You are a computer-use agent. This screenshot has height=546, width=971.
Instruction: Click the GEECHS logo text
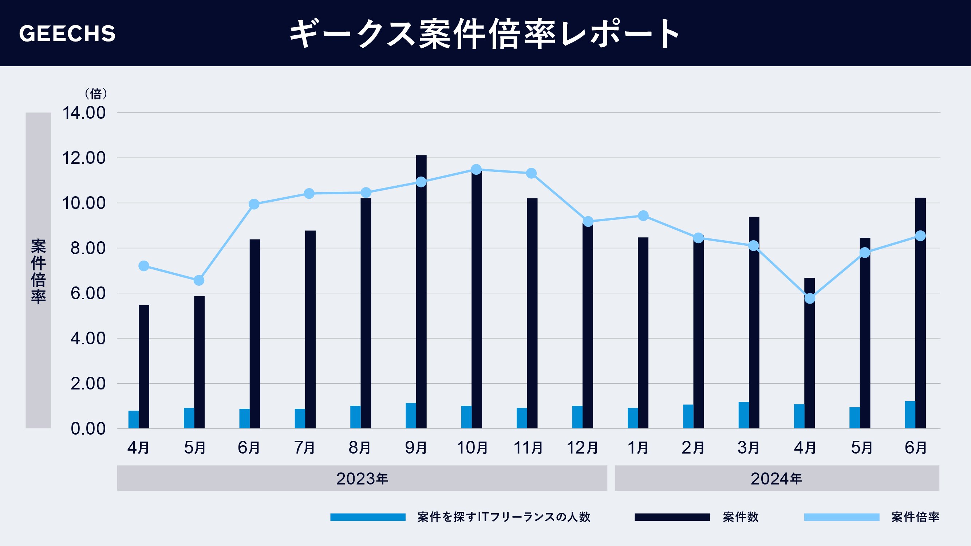pyautogui.click(x=67, y=33)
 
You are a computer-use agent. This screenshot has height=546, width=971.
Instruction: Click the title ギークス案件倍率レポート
pyautogui.click(x=484, y=33)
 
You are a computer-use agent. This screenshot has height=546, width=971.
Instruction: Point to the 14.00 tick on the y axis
pyautogui.click(x=84, y=113)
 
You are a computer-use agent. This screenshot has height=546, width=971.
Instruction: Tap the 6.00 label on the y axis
pyautogui.click(x=88, y=293)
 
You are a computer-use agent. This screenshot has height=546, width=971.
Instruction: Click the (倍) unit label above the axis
pyautogui.click(x=96, y=94)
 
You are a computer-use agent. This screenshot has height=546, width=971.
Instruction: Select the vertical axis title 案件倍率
pyautogui.click(x=38, y=270)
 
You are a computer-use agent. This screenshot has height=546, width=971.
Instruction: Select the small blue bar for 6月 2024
pyautogui.click(x=909, y=415)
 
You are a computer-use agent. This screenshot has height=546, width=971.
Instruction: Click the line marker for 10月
pyautogui.click(x=476, y=170)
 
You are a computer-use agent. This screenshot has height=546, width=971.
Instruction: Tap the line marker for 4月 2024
pyautogui.click(x=810, y=298)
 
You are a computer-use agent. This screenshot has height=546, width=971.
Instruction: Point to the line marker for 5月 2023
pyautogui.click(x=199, y=280)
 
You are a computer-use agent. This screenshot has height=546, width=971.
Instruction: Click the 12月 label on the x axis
pyautogui.click(x=583, y=448)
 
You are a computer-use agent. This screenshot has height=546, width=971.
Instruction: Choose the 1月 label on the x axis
pyautogui.click(x=638, y=448)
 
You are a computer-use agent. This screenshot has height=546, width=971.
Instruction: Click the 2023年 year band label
pyautogui.click(x=362, y=479)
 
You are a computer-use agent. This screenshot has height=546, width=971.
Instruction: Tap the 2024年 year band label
pyautogui.click(x=777, y=479)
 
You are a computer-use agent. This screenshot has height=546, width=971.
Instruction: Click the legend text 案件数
pyautogui.click(x=740, y=517)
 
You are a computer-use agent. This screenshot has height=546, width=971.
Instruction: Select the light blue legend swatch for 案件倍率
pyautogui.click(x=841, y=517)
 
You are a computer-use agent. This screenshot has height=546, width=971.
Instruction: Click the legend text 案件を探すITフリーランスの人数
pyautogui.click(x=504, y=517)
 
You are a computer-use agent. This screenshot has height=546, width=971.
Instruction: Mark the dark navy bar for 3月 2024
pyautogui.click(x=754, y=324)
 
